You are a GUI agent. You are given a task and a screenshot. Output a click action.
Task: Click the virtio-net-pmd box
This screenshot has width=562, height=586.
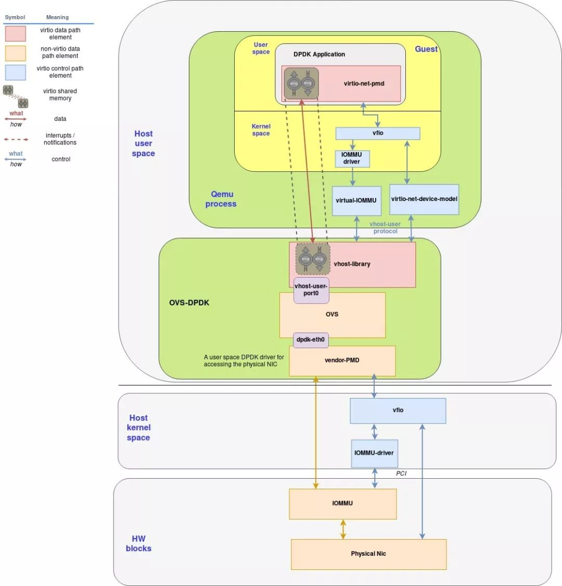tap(364, 83)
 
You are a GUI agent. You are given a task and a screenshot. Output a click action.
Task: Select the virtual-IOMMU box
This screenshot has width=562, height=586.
tap(356, 201)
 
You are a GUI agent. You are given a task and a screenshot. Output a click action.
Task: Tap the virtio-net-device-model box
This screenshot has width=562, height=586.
tap(424, 199)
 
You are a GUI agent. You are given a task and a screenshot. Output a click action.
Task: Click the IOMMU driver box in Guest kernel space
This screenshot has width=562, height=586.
tap(352, 158)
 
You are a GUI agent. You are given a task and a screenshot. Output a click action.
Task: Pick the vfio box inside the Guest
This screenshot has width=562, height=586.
tap(378, 133)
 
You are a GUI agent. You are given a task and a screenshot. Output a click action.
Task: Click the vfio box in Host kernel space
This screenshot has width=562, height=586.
tap(398, 410)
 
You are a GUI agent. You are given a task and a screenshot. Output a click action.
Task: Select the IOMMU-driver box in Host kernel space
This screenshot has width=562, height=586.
tap(374, 453)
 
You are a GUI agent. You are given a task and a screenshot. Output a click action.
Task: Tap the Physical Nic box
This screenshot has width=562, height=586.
tap(368, 554)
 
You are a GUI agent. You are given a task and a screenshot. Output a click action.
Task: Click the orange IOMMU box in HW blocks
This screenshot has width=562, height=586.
tap(342, 503)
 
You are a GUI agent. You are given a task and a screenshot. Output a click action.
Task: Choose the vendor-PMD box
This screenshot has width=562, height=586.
tap(342, 360)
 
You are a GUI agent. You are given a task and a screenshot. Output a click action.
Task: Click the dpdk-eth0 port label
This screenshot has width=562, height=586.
tap(311, 340)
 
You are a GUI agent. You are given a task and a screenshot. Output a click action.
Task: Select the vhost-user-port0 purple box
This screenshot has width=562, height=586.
tap(311, 290)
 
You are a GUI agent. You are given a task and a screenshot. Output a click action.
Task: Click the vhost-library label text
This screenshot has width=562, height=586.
tap(352, 264)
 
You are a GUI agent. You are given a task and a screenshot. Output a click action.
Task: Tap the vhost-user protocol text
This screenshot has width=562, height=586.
tap(385, 228)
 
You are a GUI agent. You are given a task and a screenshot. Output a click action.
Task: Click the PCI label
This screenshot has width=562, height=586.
tap(401, 473)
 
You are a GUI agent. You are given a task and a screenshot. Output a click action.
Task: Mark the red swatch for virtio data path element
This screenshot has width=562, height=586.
tap(16, 34)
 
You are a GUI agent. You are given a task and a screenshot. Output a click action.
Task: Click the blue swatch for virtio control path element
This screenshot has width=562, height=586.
tap(16, 72)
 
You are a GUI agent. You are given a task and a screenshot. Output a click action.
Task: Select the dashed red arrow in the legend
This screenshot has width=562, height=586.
tap(16, 140)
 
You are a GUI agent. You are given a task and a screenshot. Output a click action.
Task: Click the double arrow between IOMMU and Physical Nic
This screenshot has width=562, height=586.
tap(342, 529)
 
